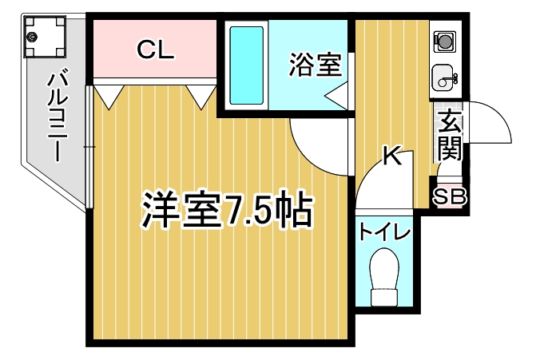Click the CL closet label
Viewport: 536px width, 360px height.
coord(156,49)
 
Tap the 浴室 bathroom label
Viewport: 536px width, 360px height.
coord(316,65)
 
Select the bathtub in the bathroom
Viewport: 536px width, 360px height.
coord(246,65)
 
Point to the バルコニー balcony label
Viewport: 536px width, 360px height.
coord(57,116)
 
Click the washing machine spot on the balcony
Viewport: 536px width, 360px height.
coord(45,37)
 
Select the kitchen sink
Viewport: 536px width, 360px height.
coord(443,78)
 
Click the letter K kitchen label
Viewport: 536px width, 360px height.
coord(391,155)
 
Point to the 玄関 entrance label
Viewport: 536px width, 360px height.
coord(450,136)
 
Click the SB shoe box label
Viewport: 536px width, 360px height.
coord(450,196)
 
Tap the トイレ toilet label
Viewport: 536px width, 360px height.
coord(384,232)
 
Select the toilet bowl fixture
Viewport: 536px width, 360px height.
coord(384,277)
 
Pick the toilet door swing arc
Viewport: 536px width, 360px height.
coord(371,168)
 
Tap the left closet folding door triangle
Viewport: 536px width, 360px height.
coord(109,97)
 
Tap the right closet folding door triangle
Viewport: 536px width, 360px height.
coord(201,97)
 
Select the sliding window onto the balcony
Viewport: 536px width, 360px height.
coord(89,147)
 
